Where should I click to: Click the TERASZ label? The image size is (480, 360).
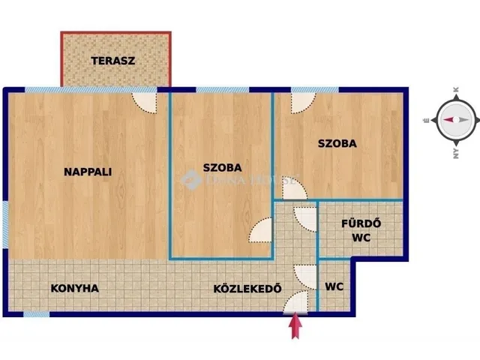coord(113,61)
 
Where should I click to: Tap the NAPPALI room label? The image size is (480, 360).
coord(88,172)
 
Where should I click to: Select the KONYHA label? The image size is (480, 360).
coord(74,288)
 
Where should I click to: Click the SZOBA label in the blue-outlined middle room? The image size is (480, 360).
coord(223,168)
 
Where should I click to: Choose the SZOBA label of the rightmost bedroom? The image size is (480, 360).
coord(337,143)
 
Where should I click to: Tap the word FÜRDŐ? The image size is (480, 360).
coord(361,223)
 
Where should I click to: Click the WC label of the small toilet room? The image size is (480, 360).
coord(334,286)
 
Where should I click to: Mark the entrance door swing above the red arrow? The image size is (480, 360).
coord(297,302)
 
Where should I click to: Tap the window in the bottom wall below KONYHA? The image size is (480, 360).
coord(35,313)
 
